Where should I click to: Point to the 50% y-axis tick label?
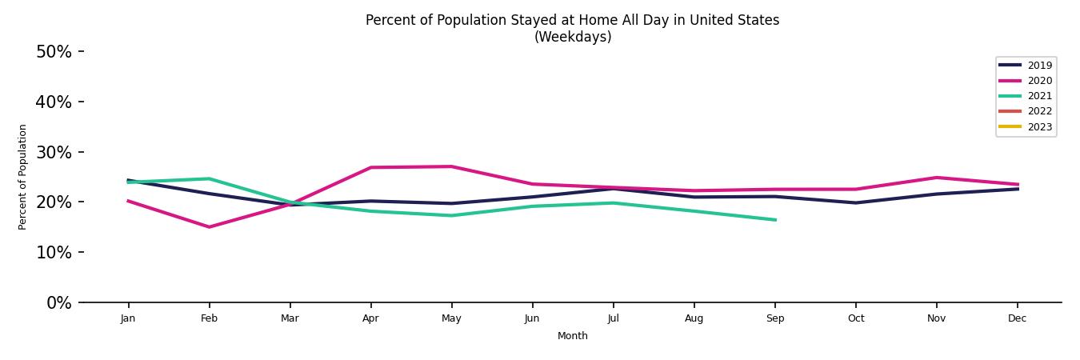click(54, 52)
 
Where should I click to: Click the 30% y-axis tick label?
click(54, 152)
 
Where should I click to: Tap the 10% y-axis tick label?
click(54, 253)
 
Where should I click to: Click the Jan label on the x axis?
click(128, 318)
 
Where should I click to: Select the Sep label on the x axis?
click(775, 318)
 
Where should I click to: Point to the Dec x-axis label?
click(1017, 318)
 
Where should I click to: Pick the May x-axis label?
click(451, 318)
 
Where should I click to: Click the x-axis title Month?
click(573, 337)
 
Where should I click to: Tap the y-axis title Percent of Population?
click(23, 177)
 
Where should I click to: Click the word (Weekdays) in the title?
click(573, 38)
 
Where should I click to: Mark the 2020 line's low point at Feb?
click(210, 227)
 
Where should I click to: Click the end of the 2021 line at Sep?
click(775, 220)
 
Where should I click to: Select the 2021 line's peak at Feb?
click(210, 178)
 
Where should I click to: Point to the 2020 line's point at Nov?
click(936, 178)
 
